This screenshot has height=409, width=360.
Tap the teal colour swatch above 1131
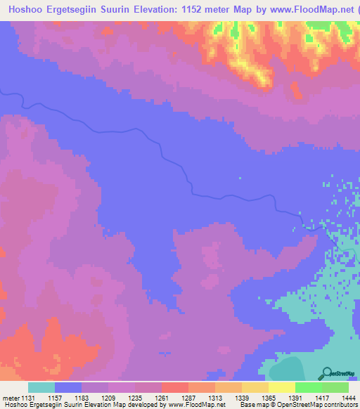(41, 387)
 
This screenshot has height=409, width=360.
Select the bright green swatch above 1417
(309, 387)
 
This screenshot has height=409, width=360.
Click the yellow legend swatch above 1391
(282, 387)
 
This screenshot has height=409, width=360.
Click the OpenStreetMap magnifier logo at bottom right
(328, 372)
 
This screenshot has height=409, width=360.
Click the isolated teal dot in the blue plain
(239, 178)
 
